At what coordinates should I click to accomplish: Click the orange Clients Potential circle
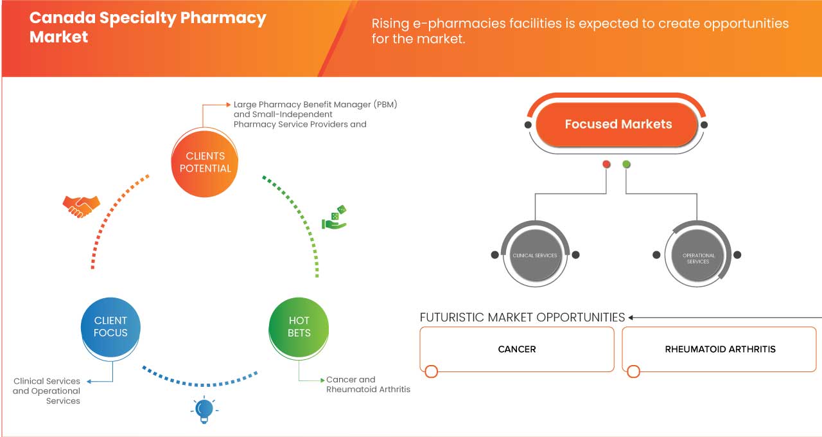(205, 162)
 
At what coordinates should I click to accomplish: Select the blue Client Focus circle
(110, 326)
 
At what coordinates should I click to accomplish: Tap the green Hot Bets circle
(299, 326)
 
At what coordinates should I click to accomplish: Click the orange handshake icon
(81, 206)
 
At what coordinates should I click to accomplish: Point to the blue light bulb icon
(204, 409)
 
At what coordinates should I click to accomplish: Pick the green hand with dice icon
(334, 218)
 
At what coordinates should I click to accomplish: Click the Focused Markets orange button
(618, 124)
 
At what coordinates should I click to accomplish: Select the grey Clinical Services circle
(535, 255)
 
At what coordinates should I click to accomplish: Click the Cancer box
(517, 349)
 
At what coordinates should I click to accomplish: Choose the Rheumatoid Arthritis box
(720, 349)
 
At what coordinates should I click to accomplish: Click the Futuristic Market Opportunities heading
(522, 317)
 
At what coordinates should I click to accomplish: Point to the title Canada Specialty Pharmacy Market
(148, 27)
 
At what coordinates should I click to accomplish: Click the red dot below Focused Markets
(606, 165)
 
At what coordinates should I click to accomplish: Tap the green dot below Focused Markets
(626, 165)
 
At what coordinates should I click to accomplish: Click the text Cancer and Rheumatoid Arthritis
(368, 384)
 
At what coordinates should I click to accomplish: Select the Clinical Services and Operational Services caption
(47, 391)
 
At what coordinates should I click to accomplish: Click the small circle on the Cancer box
(432, 371)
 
